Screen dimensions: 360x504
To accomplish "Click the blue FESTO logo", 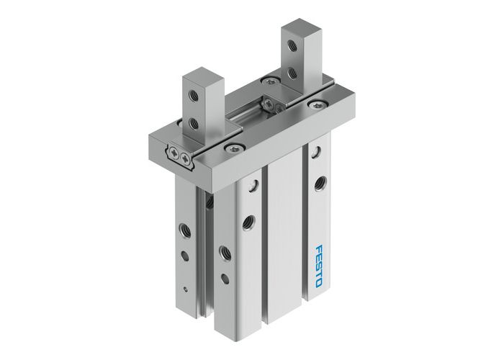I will (318, 265).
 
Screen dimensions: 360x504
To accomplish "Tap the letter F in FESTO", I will (318, 248).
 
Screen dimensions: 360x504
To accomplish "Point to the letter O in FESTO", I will (318, 282).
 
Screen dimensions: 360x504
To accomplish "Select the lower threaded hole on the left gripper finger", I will (193, 123).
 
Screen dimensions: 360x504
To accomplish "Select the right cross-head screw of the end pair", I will (186, 157).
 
